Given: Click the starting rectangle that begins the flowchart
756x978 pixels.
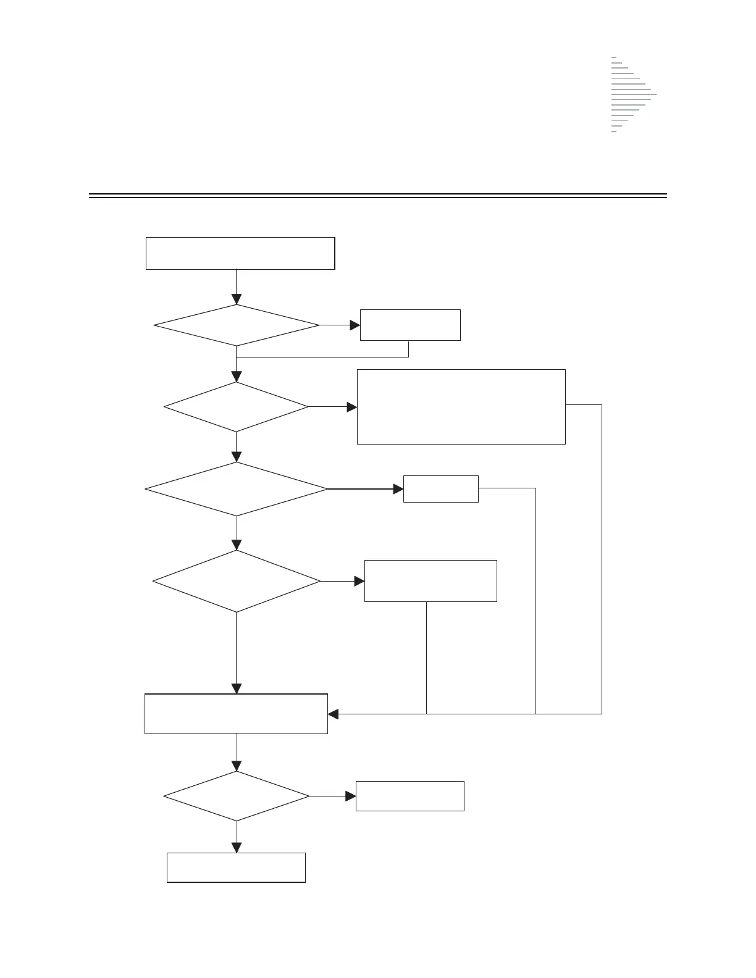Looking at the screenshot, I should [x=240, y=253].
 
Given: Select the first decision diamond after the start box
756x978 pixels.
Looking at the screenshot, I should [x=237, y=325].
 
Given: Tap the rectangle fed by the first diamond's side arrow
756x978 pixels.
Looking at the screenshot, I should [x=410, y=325].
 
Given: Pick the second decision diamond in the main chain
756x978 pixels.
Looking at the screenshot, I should [x=237, y=407].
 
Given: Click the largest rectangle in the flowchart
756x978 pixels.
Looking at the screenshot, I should [x=461, y=406].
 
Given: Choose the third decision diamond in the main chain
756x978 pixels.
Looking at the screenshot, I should [x=237, y=489].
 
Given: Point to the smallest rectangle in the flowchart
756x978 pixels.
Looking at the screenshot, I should [x=440, y=489].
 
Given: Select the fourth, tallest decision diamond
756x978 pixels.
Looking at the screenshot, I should [x=237, y=581].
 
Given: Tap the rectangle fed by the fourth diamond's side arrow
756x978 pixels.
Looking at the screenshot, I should [x=430, y=581].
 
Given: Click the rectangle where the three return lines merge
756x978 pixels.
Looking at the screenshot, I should [x=236, y=714].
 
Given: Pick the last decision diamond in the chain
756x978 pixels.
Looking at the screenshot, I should [x=237, y=796].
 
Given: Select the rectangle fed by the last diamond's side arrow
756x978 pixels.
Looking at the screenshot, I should [x=409, y=796].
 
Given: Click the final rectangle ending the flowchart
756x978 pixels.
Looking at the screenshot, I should [x=236, y=867].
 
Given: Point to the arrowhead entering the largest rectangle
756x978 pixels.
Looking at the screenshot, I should [x=352, y=407].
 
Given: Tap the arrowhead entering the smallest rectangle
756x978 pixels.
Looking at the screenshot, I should [x=398, y=489].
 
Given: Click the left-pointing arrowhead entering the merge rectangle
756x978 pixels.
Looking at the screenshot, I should [x=333, y=714].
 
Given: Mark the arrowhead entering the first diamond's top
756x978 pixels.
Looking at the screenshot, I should [x=237, y=299].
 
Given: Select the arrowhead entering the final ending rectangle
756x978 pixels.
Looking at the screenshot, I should [x=237, y=848].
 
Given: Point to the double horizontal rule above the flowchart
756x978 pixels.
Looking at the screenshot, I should [x=378, y=196].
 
